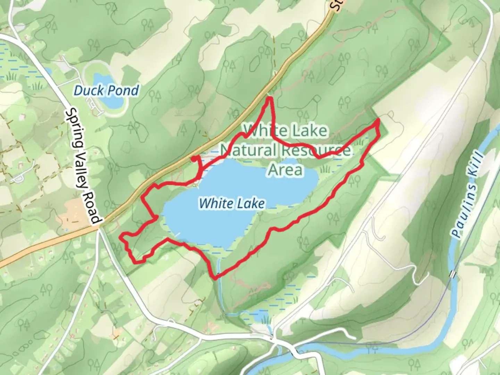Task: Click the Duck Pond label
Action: point(106,91)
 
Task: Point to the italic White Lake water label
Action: point(232,203)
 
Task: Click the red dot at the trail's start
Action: point(193,159)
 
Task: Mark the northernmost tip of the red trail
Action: point(269,99)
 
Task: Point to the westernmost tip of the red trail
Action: point(121,237)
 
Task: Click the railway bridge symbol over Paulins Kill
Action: point(452,274)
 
